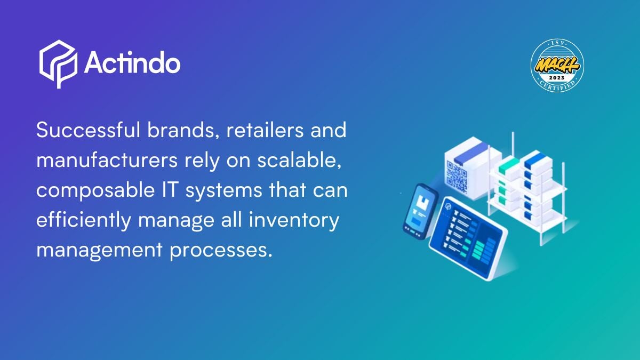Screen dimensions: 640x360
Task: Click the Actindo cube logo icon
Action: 58,64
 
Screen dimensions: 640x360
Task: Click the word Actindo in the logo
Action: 132,63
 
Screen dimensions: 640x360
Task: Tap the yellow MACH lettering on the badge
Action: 557,65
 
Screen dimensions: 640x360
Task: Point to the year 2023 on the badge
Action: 557,78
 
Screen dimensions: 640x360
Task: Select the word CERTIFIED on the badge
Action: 557,86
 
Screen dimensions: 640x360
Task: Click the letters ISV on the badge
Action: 557,43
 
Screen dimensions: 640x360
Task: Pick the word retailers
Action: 265,130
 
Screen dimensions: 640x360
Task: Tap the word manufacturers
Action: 107,160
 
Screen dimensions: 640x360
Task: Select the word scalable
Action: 299,161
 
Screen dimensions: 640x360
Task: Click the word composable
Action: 95,190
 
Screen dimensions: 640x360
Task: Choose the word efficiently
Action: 83,220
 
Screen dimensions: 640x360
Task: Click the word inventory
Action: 294,221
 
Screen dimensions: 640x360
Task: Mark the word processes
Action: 220,250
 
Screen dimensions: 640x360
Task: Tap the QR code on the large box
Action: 457,176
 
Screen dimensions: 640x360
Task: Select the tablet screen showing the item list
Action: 469,237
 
